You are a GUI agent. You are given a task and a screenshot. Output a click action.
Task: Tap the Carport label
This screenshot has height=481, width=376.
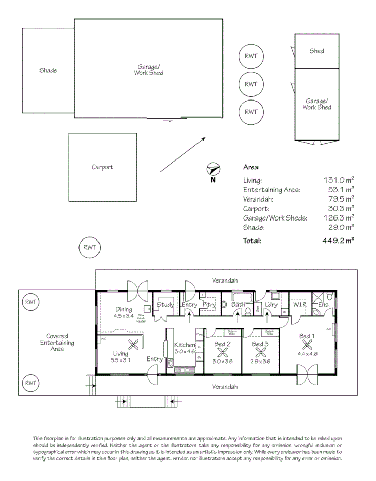(103, 167)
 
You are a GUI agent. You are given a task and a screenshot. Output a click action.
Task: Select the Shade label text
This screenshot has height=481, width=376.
(48, 70)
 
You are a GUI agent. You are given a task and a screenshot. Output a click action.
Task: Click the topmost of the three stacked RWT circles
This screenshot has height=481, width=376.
(251, 56)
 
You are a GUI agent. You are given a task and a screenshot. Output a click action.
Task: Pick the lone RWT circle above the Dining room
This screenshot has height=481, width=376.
(89, 248)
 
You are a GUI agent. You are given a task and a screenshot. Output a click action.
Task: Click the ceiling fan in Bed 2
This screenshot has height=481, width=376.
(223, 353)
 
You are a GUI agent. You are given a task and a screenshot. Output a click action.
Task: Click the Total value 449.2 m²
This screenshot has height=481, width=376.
(339, 240)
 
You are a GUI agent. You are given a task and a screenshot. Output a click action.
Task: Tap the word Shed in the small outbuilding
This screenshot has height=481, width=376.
(317, 51)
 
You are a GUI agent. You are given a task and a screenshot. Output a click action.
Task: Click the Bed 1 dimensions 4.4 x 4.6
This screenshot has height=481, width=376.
(307, 353)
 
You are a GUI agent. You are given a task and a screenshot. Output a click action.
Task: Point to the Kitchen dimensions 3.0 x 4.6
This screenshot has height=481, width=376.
(185, 352)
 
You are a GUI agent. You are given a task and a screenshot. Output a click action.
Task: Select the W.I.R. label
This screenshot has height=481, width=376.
(300, 305)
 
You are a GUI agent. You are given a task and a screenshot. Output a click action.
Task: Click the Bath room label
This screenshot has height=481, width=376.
(238, 305)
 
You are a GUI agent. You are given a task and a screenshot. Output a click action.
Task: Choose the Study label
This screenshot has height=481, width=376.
(165, 305)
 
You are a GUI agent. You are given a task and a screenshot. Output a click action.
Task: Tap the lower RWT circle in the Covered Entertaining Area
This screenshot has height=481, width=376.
(31, 383)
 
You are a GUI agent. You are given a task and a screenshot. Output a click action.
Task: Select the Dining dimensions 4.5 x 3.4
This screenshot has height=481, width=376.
(124, 316)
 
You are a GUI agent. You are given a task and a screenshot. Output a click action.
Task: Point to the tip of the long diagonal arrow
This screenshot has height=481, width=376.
(206, 137)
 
